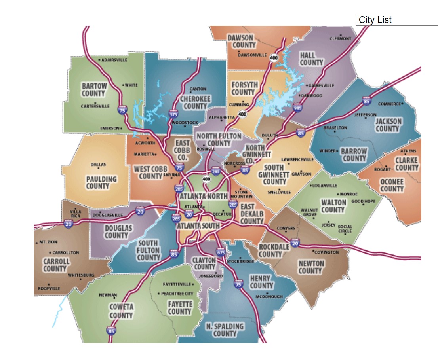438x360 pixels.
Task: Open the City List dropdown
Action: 396,20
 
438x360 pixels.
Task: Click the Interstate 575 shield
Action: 173,114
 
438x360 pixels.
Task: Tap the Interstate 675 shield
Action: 221,252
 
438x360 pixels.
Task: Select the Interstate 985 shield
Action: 297,107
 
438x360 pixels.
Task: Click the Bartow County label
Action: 94,90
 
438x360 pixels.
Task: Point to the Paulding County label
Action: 101,182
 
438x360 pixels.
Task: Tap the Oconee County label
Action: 392,185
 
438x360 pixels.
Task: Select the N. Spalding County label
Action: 225,330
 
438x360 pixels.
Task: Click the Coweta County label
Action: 121,311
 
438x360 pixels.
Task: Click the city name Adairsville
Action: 114,60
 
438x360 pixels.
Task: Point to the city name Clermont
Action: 341,38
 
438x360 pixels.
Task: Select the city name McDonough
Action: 269,297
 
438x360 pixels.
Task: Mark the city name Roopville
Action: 49,288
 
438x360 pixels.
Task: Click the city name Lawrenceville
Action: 297,159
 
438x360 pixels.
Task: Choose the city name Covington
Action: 327,252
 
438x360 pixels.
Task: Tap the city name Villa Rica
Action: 75,214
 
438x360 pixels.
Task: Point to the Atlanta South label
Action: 198,225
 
